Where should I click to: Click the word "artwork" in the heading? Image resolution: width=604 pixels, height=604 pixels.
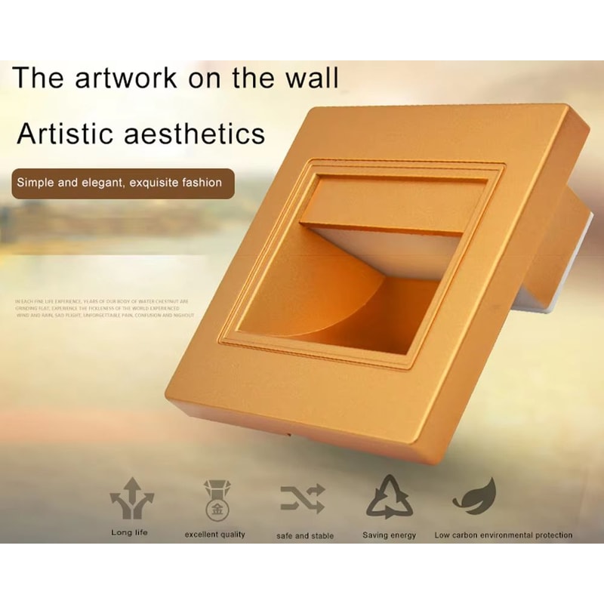[142, 79]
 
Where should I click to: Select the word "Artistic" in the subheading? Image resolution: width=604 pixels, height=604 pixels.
[67, 134]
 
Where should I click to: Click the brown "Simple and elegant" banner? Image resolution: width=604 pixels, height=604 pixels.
[121, 182]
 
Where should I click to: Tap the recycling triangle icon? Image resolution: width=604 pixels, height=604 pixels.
[390, 497]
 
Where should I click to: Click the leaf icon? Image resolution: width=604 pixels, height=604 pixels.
[475, 495]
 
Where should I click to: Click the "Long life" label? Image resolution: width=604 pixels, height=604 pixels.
[129, 533]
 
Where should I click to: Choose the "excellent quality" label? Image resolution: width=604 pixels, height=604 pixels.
[215, 535]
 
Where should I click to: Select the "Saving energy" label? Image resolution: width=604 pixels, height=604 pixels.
[390, 535]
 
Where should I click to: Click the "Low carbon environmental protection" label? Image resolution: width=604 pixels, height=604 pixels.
[503, 535]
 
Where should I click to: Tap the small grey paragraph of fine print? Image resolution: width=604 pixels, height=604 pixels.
[102, 308]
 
